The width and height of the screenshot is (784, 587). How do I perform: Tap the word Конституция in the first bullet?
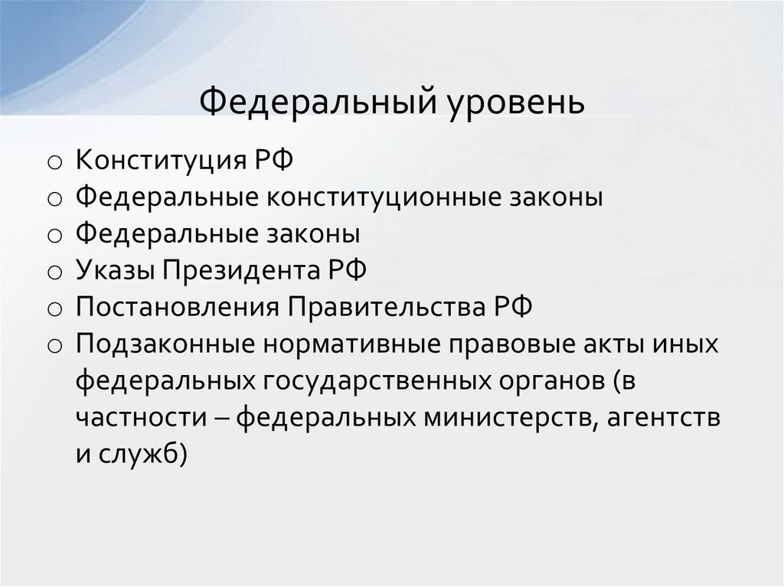(x=159, y=161)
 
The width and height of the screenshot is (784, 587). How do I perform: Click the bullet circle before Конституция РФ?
(x=54, y=163)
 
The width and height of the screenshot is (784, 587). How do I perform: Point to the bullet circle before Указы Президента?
(x=54, y=272)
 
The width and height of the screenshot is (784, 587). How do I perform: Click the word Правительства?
(x=390, y=308)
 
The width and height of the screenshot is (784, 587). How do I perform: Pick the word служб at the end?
(x=141, y=455)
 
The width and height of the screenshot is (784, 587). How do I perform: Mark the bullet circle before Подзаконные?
(x=54, y=346)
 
